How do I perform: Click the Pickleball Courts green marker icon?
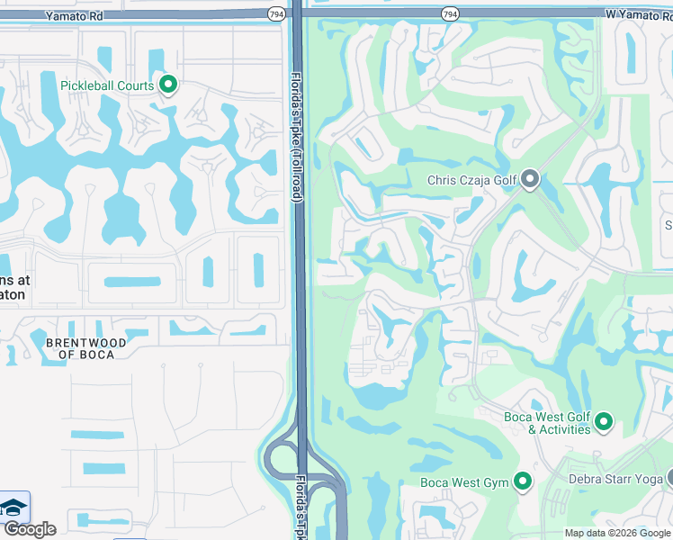point(167,85)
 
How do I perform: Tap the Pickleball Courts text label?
point(107,86)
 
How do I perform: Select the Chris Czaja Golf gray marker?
point(530,181)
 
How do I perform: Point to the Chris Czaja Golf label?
point(472,181)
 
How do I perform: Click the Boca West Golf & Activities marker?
point(604,421)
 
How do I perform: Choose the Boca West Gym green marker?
point(522,481)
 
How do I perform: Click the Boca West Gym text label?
point(464,483)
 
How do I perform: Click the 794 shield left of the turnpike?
point(276,13)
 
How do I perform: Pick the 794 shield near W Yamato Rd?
point(450,13)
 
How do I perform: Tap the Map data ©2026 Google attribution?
point(617,533)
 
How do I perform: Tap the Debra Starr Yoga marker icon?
point(669,479)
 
